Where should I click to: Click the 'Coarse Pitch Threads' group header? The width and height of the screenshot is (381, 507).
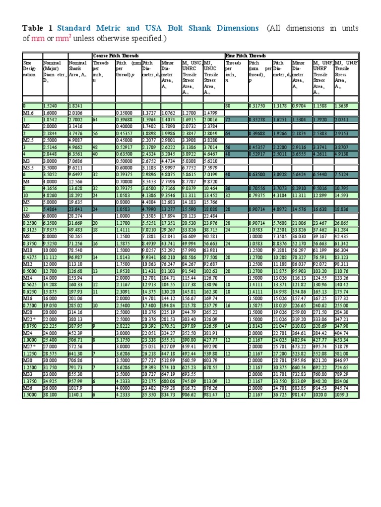point(116,56)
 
